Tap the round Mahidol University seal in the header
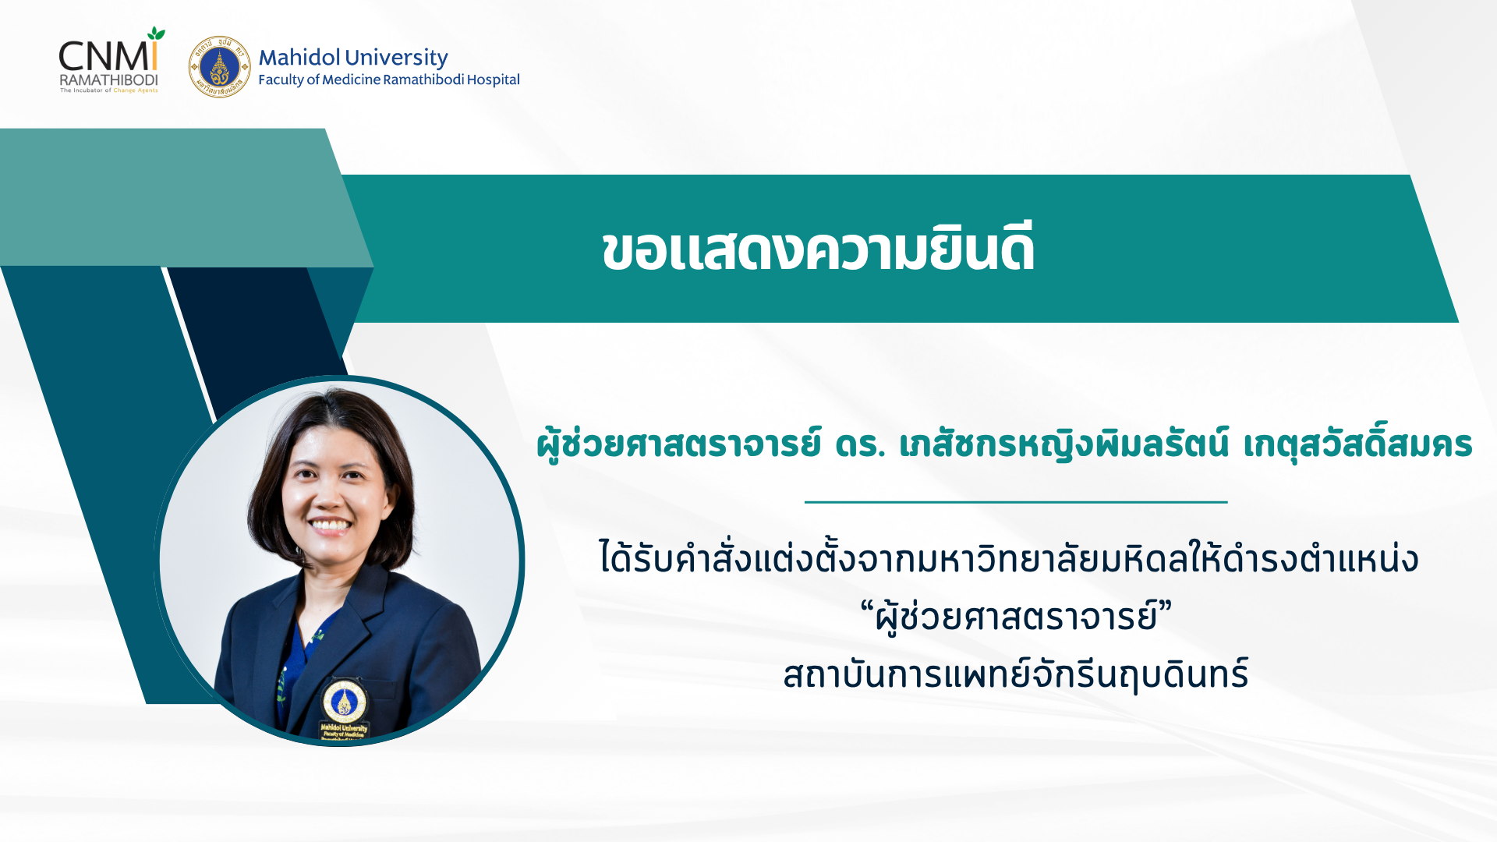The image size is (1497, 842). (x=219, y=66)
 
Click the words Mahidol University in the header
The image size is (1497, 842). (x=353, y=57)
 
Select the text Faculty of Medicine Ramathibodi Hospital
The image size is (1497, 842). (x=389, y=80)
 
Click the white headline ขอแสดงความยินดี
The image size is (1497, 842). (x=818, y=249)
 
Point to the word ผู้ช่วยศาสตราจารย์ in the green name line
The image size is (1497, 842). (x=679, y=444)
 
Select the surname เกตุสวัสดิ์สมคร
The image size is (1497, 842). (x=1357, y=444)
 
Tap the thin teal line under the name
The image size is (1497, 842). (x=1016, y=502)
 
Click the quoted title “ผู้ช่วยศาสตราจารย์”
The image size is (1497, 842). (x=1016, y=617)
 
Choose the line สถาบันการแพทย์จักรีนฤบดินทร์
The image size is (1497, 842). (x=1016, y=674)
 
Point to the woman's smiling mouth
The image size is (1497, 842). (x=331, y=525)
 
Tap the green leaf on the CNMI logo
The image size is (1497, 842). (x=157, y=34)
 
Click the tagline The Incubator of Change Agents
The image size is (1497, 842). (x=109, y=90)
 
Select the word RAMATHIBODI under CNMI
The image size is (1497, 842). (x=109, y=80)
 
